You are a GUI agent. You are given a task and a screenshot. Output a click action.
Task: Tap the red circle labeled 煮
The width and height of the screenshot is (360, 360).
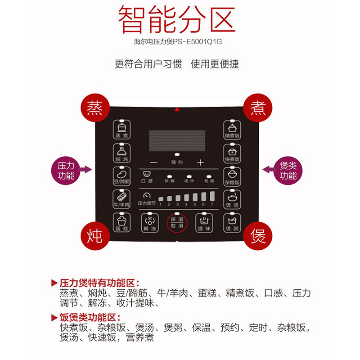point(257,108)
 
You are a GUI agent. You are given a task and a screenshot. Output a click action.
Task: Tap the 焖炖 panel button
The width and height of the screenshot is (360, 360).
point(121,153)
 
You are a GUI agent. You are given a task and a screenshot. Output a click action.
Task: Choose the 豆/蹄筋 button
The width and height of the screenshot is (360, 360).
point(121,176)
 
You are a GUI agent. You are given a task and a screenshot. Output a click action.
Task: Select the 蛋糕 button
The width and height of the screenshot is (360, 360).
point(121,222)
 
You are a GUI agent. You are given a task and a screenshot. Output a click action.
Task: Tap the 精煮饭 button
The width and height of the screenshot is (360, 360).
point(232,129)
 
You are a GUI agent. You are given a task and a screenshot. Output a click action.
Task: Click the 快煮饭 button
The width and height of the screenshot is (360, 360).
point(232,153)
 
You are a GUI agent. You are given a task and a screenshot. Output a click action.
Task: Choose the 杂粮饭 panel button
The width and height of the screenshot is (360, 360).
point(232,176)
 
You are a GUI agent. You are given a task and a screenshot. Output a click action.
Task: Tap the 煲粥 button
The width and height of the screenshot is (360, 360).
point(232,222)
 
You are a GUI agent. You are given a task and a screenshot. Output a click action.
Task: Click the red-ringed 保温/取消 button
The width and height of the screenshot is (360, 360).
point(177,222)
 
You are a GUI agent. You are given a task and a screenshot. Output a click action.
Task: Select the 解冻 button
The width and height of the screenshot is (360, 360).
point(149,222)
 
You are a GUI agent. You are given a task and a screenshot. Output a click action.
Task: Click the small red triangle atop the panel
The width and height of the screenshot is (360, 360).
point(177,109)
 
